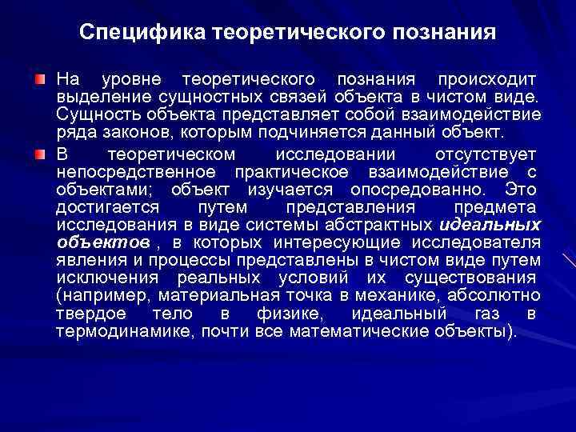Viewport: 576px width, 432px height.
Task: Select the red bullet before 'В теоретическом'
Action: (x=39, y=154)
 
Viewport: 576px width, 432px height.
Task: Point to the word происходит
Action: (x=483, y=81)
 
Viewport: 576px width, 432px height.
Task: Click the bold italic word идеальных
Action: (x=490, y=225)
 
